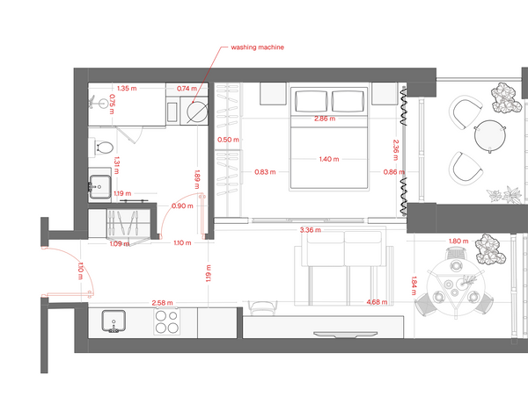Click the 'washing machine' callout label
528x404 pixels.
(257, 47)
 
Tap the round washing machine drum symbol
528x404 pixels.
(197, 112)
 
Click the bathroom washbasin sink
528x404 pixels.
(99, 187)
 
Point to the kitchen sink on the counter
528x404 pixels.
(114, 321)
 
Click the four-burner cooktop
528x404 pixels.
(166, 321)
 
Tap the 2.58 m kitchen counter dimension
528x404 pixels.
(162, 303)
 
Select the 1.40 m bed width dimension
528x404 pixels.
(329, 159)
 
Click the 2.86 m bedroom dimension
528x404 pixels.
(325, 119)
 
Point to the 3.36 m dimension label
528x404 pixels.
(310, 230)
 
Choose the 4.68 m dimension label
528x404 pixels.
(377, 302)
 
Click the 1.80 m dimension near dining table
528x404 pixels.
(458, 241)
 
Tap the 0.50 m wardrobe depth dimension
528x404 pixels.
(228, 140)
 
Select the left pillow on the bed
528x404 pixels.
(312, 101)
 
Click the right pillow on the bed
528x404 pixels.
(348, 101)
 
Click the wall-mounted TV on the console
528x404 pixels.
(345, 334)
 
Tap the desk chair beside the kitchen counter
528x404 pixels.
(262, 307)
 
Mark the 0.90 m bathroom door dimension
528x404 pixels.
(182, 206)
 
